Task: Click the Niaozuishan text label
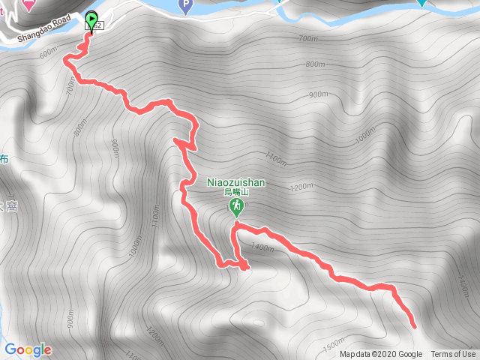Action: coord(236,181)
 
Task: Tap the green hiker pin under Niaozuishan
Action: coord(236,206)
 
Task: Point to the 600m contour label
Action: coord(47,53)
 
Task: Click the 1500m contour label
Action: coord(334,346)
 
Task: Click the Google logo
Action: coord(28,349)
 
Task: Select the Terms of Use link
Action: coord(453,355)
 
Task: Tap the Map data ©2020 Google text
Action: coord(381,355)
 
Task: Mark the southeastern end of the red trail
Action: coord(414,325)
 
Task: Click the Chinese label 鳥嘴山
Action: coord(236,192)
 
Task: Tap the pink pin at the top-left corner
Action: coord(28,4)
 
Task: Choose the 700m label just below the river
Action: coord(308,38)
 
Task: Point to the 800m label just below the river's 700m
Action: coord(315,64)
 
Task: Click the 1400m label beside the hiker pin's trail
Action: coord(262,246)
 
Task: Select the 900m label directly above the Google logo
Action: coord(69,321)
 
